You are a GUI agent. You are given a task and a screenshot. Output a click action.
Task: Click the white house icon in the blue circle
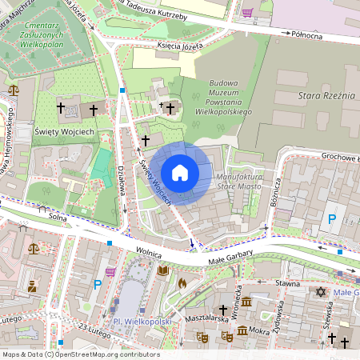pos(180,172)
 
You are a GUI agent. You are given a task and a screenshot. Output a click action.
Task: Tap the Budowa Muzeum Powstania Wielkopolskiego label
pos(230,97)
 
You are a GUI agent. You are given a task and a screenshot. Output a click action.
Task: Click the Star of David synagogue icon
pos(321,293)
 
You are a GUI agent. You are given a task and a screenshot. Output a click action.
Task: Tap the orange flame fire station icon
pos(182,282)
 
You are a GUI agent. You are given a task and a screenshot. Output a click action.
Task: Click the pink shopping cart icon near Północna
pos(248,13)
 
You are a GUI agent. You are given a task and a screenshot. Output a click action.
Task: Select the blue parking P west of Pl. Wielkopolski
pos(98,284)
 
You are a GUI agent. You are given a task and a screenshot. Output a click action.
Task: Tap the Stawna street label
pos(288,283)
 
